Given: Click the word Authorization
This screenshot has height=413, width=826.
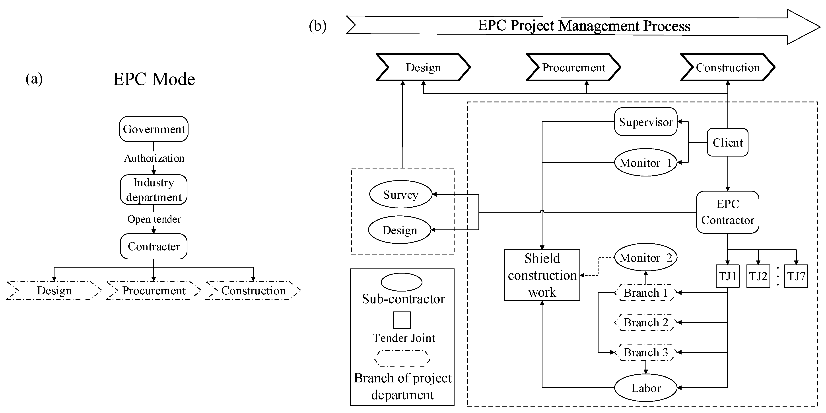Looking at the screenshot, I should (x=154, y=158).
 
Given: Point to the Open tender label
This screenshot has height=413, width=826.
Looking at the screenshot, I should (x=154, y=219).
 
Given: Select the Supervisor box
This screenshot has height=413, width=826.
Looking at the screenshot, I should (x=645, y=122).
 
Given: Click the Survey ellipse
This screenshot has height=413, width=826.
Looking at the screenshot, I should (x=400, y=194).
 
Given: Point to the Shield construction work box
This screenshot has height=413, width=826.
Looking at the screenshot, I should (x=542, y=275).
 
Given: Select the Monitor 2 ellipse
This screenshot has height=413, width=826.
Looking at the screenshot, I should (x=645, y=257).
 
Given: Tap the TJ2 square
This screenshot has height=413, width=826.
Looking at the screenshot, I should (x=758, y=276).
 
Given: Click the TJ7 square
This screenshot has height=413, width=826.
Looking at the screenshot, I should (x=796, y=276).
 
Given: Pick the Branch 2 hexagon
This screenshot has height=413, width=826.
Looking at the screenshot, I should (x=645, y=322).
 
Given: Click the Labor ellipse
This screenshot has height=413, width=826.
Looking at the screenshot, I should (x=645, y=388).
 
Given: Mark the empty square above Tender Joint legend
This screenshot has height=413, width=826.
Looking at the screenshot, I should (x=402, y=320).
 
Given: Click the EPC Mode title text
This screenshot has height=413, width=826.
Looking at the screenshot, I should (x=154, y=79).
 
